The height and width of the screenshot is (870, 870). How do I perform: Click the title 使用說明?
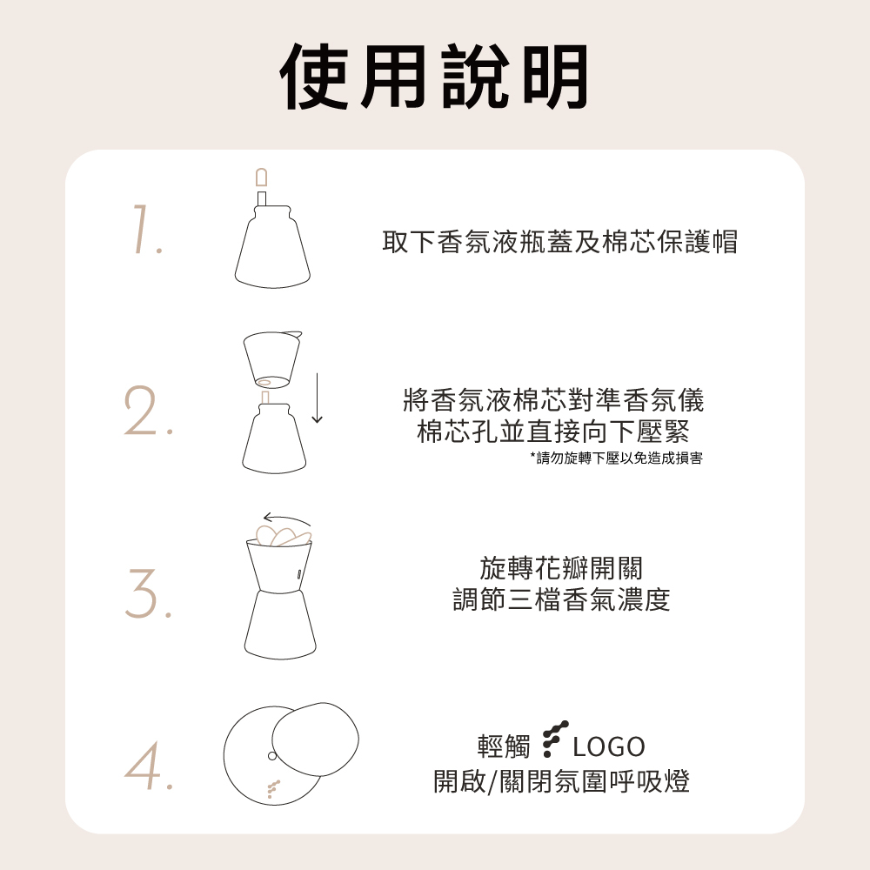[433, 77]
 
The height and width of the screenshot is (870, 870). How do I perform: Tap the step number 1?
[147, 229]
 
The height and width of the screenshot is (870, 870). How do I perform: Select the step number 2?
[148, 411]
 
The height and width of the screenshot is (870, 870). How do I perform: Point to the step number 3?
[148, 593]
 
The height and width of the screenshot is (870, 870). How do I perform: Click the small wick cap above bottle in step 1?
[261, 177]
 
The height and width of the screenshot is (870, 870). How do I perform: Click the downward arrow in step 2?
[317, 398]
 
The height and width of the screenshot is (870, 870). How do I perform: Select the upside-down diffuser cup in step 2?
[272, 359]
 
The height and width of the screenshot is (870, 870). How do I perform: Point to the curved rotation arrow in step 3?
[286, 518]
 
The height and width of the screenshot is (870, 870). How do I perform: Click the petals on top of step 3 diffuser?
[283, 535]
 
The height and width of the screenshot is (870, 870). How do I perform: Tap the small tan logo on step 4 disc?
[273, 788]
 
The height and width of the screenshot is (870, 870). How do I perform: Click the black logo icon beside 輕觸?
[555, 739]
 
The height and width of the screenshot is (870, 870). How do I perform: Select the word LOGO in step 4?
[609, 746]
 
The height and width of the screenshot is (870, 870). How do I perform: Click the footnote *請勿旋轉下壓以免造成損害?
[616, 458]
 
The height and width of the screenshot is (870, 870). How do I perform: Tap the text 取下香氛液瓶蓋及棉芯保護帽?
[559, 241]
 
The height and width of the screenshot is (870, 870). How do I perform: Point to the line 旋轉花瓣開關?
[561, 567]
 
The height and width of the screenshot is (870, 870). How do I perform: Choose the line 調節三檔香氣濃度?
[561, 599]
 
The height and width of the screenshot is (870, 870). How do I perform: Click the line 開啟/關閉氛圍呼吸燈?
[561, 781]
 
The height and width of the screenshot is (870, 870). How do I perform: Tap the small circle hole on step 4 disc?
[271, 756]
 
